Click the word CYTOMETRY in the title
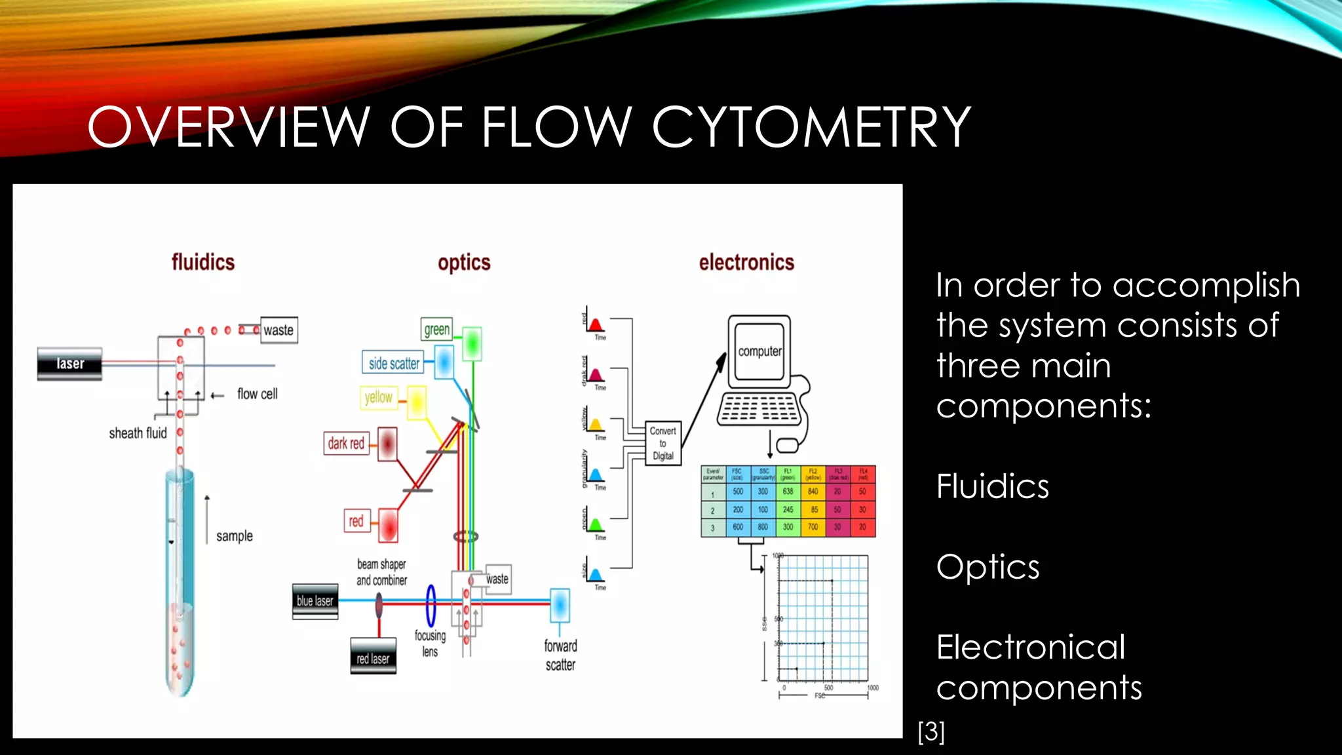pyautogui.click(x=811, y=126)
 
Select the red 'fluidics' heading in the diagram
pyautogui.click(x=203, y=262)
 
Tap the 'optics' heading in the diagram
pyautogui.click(x=464, y=263)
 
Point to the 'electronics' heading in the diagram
pyautogui.click(x=746, y=263)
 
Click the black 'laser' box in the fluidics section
pyautogui.click(x=69, y=364)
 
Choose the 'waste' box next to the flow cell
pyautogui.click(x=278, y=330)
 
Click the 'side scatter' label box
pyautogui.click(x=393, y=363)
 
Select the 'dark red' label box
pyautogui.click(x=346, y=444)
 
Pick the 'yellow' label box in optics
pyautogui.click(x=378, y=397)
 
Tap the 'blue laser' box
pyautogui.click(x=315, y=601)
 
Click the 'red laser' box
pyautogui.click(x=373, y=658)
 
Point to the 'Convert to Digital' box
pyautogui.click(x=662, y=443)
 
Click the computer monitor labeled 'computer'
pyautogui.click(x=759, y=351)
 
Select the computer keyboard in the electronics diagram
pyautogui.click(x=759, y=409)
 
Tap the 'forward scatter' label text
pyautogui.click(x=560, y=655)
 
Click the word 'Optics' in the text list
pyautogui.click(x=987, y=567)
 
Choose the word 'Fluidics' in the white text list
pyautogui.click(x=992, y=486)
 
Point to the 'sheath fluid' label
pyautogui.click(x=138, y=433)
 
